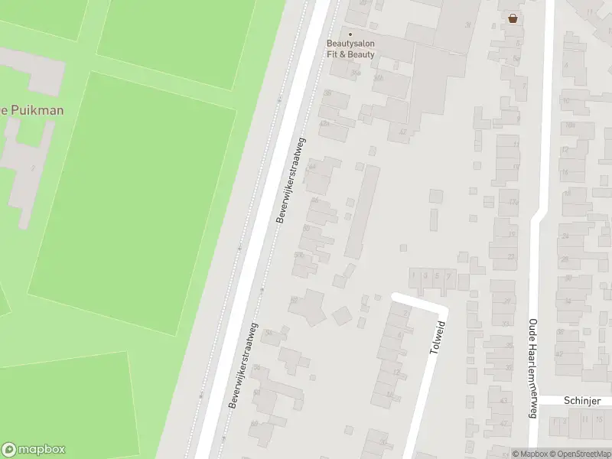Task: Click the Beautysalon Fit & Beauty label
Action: [x=351, y=49]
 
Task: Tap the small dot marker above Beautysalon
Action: [x=351, y=34]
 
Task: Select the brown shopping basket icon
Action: [x=513, y=18]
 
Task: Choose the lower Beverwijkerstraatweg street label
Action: [x=244, y=366]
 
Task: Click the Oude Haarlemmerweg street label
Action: [x=534, y=368]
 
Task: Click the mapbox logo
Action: [x=34, y=450]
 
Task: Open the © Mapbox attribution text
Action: [x=530, y=454]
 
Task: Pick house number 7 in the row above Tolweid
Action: [x=449, y=275]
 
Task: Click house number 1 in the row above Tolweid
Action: [x=414, y=275]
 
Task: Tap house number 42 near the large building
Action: [x=402, y=132]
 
